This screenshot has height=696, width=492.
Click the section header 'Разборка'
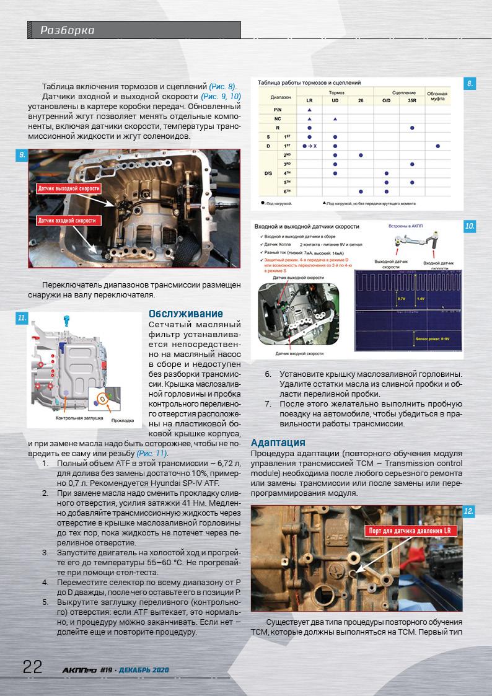68,30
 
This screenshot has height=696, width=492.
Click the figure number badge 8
470,83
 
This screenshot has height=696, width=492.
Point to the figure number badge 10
470,227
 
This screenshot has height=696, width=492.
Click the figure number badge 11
22,318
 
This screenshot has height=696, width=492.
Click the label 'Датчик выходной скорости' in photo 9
69,188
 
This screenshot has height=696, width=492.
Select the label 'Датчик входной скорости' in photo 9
67,220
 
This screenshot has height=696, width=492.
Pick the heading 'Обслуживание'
186,314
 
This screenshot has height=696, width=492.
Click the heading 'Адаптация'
278,442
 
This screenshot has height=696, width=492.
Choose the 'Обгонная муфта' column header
437,96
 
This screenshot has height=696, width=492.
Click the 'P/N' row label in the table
278,109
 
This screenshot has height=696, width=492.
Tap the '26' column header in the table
360,100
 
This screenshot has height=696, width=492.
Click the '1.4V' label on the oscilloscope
421,299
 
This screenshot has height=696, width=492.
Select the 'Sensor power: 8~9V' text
434,340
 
